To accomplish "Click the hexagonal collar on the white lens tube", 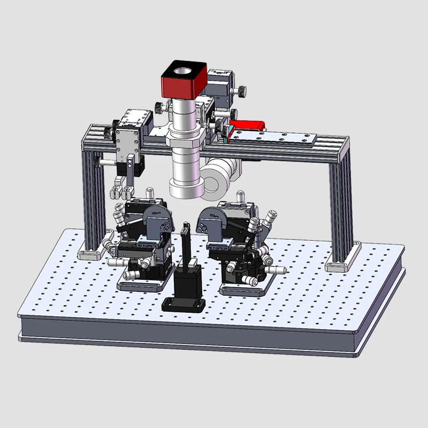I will click(x=185, y=142).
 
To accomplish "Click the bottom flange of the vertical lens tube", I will click(x=185, y=189).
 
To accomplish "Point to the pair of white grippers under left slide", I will click(x=120, y=192).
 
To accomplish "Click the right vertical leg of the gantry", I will click(x=340, y=209).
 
